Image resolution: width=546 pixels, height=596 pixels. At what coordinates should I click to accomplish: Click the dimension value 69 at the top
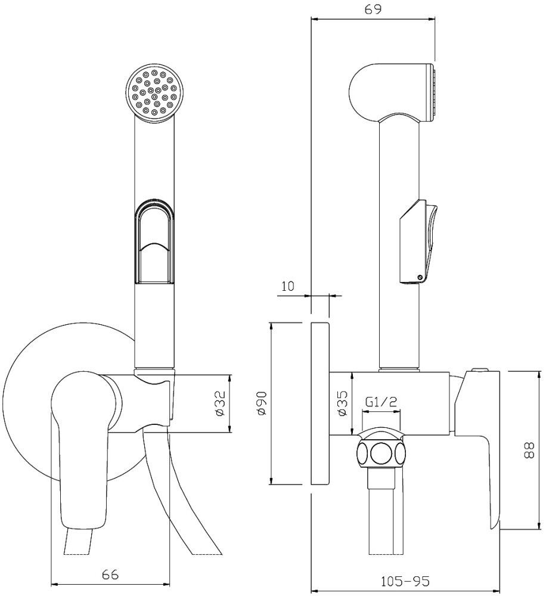coord(374,9)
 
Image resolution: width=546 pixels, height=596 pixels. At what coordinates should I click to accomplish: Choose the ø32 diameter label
coord(219,403)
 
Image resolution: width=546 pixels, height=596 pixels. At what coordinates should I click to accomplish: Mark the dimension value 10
coord(288,285)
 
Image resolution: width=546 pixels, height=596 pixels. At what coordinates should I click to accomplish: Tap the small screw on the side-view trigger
coord(421,276)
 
